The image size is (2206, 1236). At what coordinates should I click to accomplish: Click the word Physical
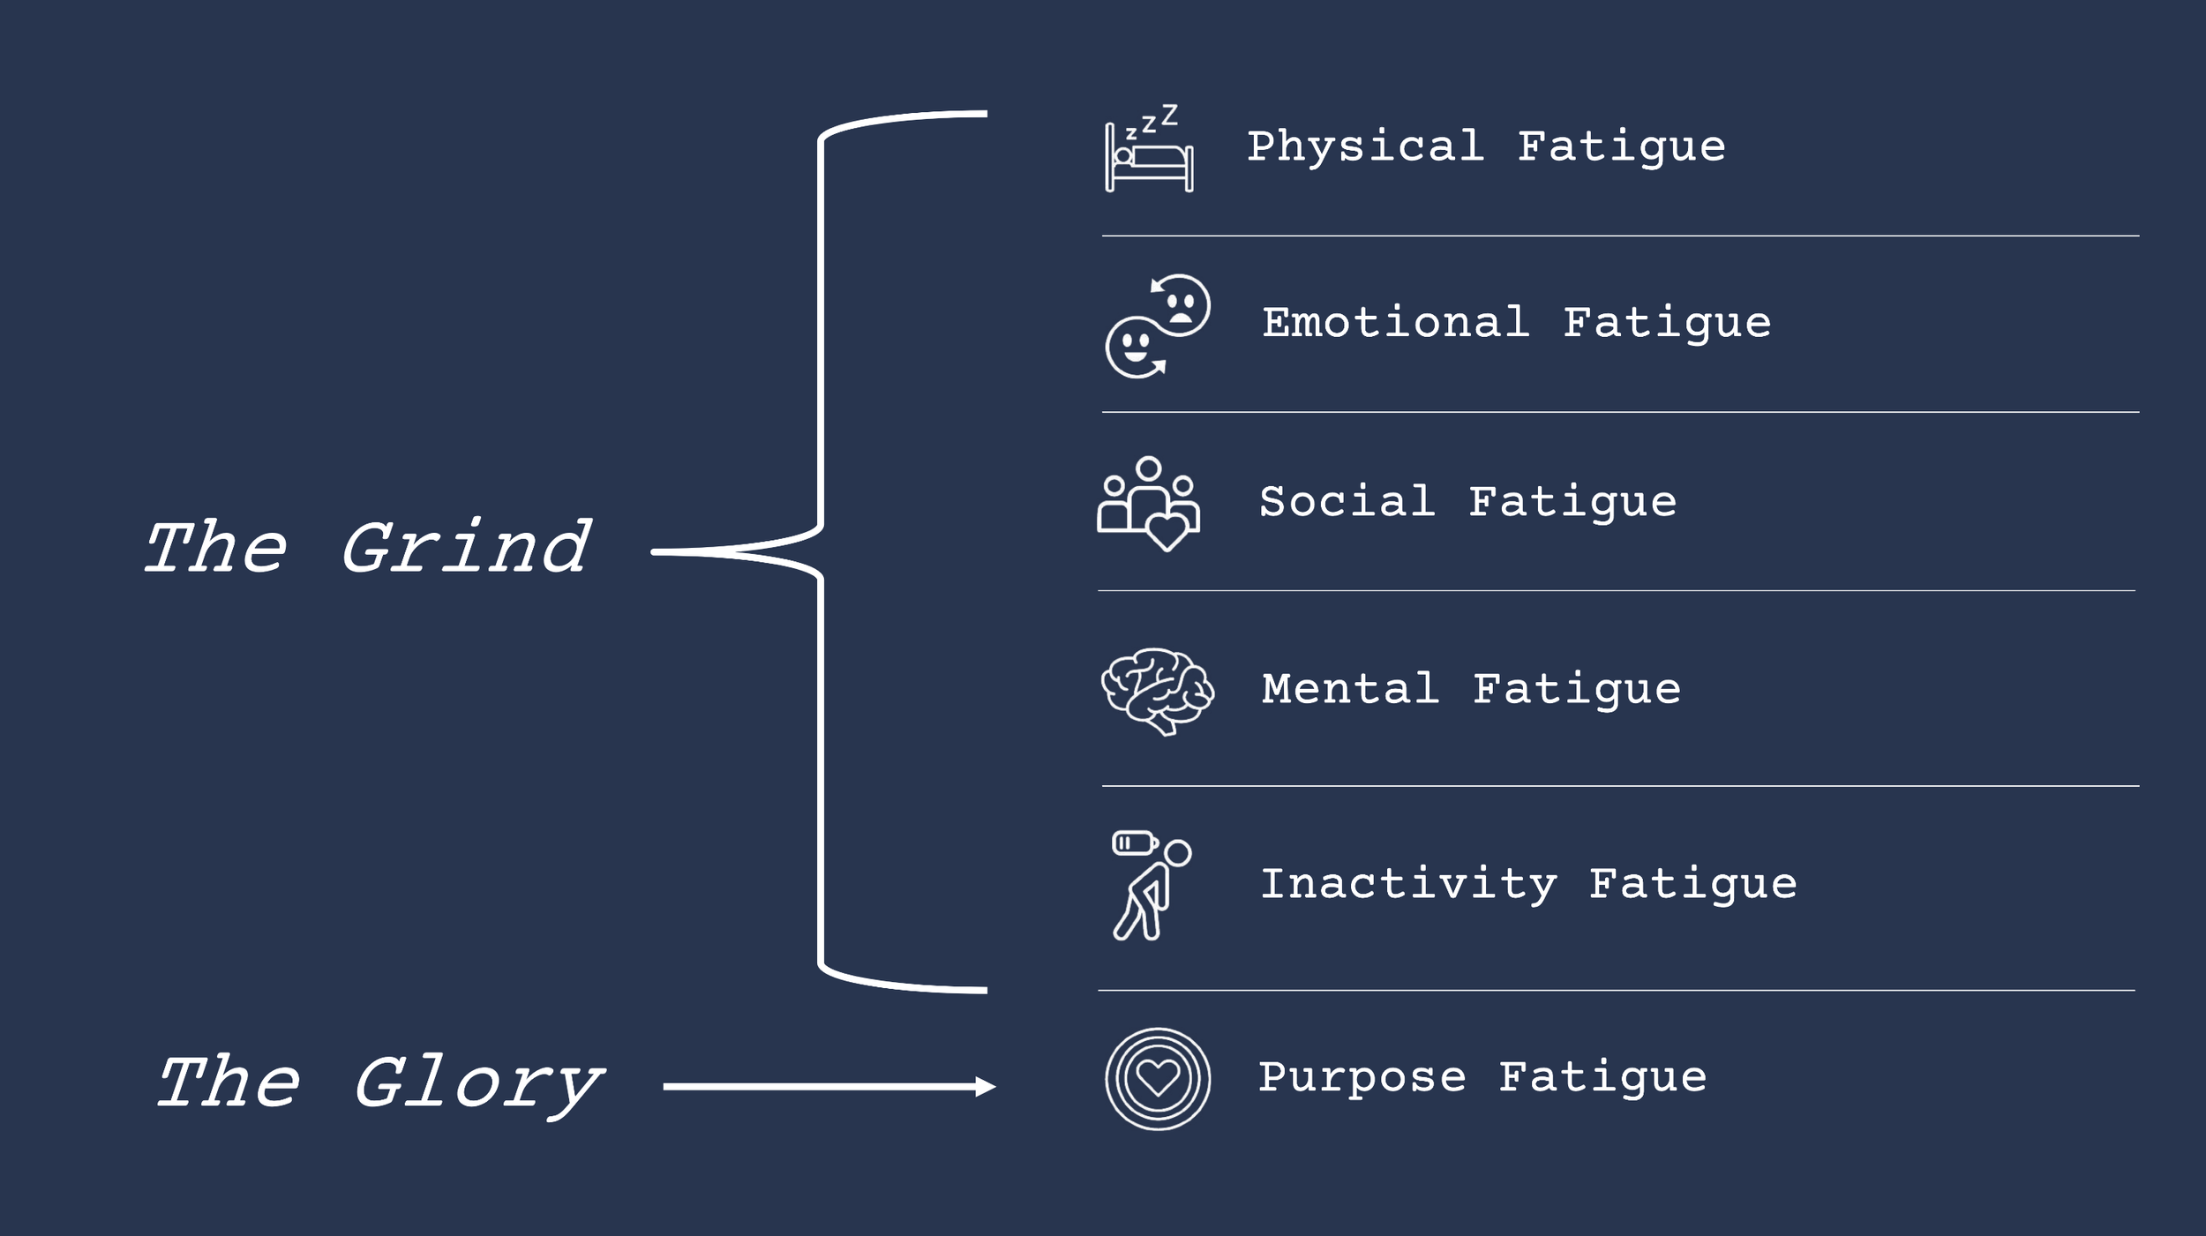(1365, 146)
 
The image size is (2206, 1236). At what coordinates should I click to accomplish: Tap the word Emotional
(1395, 323)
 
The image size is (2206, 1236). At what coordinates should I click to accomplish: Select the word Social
(1347, 502)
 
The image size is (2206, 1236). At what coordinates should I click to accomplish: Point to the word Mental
(1350, 689)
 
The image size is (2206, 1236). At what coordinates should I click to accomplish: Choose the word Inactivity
(1408, 884)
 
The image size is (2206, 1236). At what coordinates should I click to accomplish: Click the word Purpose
(1362, 1077)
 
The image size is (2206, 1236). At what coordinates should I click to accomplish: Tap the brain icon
(1157, 691)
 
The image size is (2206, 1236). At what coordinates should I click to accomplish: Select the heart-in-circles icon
(1158, 1078)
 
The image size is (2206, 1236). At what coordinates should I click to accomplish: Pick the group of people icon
(1148, 503)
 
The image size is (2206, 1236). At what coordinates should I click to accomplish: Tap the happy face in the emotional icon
(1134, 347)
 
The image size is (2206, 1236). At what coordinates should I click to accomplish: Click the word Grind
(466, 548)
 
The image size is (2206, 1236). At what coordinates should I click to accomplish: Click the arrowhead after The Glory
(985, 1087)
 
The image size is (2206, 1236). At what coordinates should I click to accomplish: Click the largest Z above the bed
(1169, 115)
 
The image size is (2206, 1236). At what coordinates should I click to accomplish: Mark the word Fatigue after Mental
(1577, 689)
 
